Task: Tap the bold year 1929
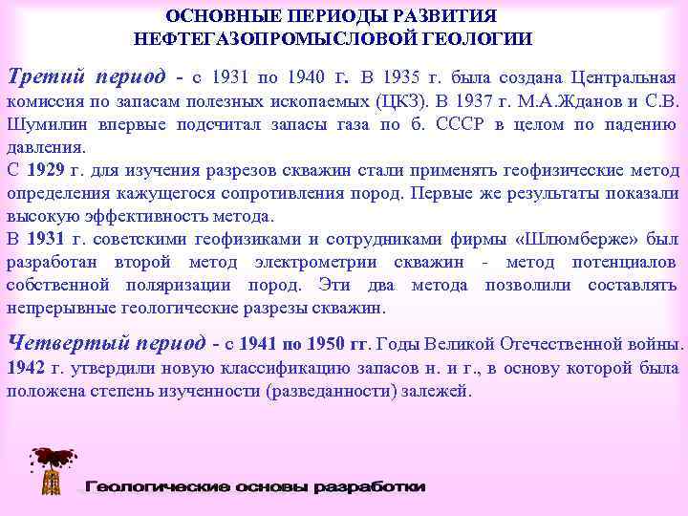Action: (x=46, y=171)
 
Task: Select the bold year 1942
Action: (x=26, y=368)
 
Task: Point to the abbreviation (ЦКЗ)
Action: (x=406, y=101)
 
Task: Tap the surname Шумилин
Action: (x=44, y=124)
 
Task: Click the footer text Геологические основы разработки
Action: (x=255, y=487)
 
